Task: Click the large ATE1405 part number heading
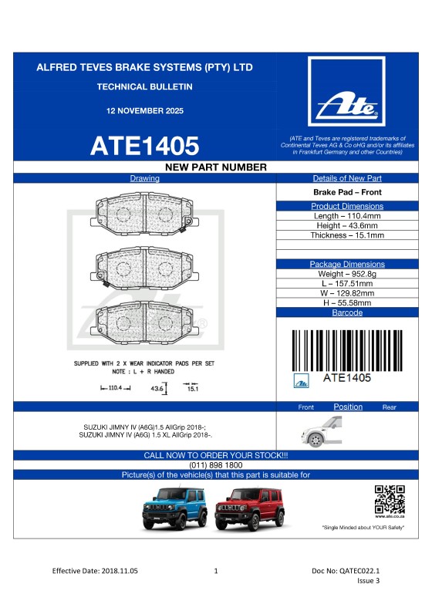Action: click(145, 145)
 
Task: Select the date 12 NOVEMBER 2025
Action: click(145, 111)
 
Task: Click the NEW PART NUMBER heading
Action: click(216, 167)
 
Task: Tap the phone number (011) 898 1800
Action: click(216, 465)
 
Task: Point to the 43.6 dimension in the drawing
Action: click(157, 390)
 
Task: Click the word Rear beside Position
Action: click(389, 407)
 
